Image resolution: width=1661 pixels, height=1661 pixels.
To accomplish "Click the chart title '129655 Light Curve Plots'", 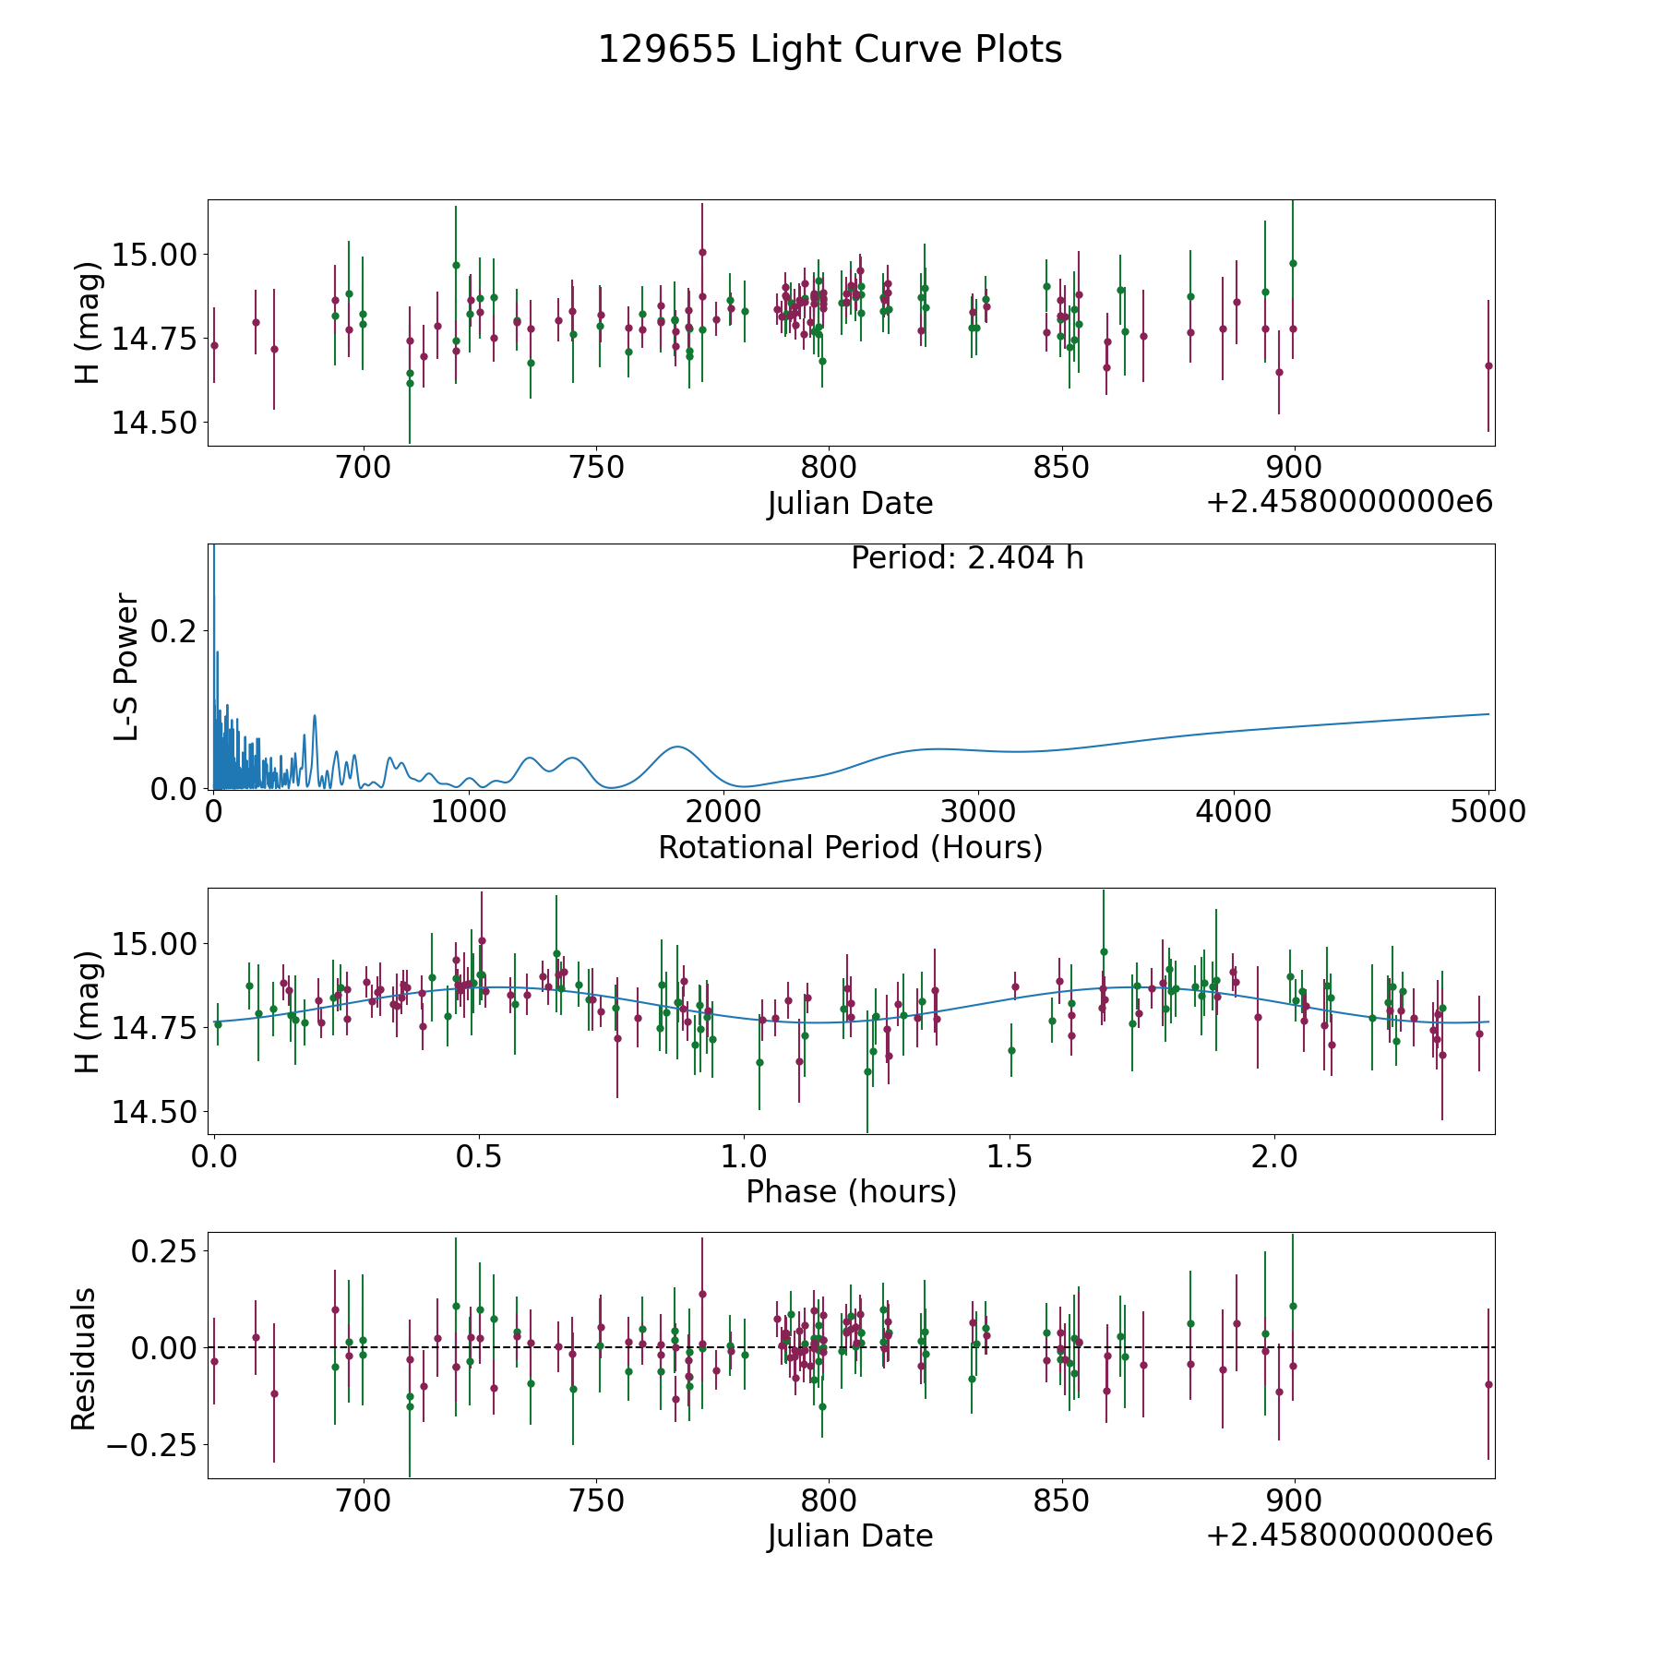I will pos(830,50).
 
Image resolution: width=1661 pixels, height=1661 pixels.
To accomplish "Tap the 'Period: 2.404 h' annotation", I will pos(966,558).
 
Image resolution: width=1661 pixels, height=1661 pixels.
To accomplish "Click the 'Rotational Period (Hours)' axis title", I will pos(850,847).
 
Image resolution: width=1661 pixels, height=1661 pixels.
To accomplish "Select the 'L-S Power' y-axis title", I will pos(126,667).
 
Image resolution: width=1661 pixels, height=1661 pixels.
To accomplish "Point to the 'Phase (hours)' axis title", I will pos(850,1191).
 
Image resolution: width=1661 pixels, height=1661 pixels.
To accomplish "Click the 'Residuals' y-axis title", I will pos(84,1359).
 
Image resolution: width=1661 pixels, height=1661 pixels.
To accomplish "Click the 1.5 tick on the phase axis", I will pos(1010,1156).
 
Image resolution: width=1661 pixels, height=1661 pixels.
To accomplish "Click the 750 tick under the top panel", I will pos(596,468).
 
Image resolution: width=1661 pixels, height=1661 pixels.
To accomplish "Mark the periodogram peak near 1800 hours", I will pos(677,747).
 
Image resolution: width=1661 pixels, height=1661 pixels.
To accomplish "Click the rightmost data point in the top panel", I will pos(1488,365).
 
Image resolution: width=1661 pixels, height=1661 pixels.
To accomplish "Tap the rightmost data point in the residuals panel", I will pos(1488,1384).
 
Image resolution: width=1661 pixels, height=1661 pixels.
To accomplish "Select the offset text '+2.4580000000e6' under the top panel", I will pos(1349,502).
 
